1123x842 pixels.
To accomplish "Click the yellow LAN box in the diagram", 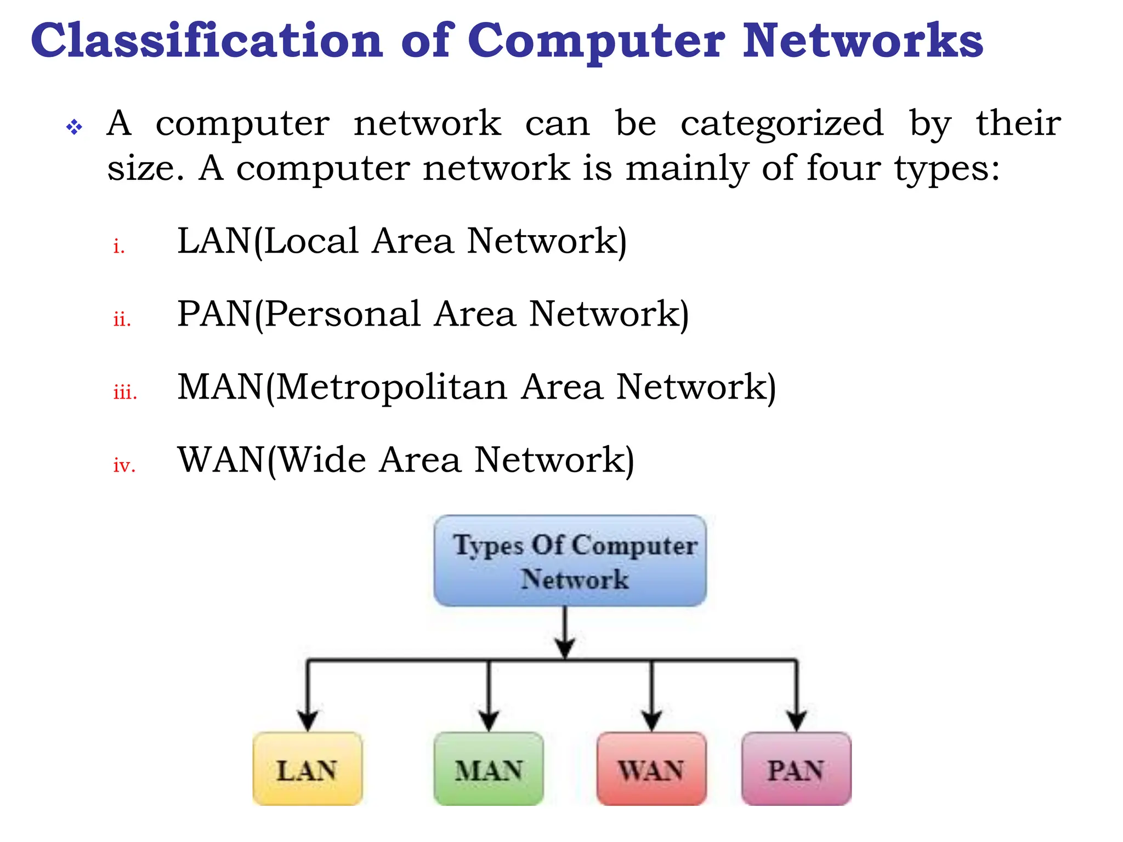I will pos(307,769).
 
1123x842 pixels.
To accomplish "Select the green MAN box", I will pos(488,769).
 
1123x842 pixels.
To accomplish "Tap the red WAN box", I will pos(651,769).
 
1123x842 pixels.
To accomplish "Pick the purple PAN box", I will pos(796,769).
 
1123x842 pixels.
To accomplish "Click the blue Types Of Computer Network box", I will pos(570,560).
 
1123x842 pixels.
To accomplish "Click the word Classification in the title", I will pos(207,41).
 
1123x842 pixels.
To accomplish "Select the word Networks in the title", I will pos(863,41).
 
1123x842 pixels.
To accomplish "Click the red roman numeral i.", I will pos(118,246).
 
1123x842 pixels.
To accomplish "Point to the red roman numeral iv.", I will pos(124,465).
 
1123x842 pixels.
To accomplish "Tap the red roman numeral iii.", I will pos(125,392).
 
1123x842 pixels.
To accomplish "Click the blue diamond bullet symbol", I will pos(74,128).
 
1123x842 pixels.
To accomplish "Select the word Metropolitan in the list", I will pos(392,387).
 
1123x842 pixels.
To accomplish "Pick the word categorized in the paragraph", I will pos(782,124).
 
